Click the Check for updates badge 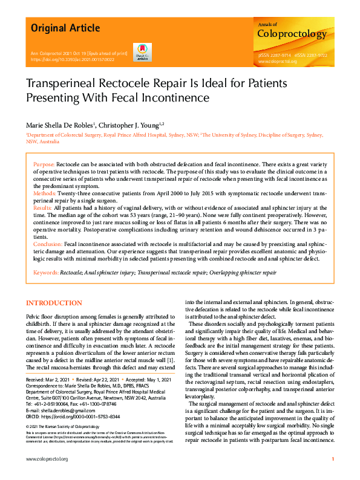pyautogui.click(x=142, y=53)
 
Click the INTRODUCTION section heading pyautogui.click(x=54, y=303)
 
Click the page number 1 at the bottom pyautogui.click(x=333, y=459)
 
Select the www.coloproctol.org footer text pyautogui.click(x=47, y=459)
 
